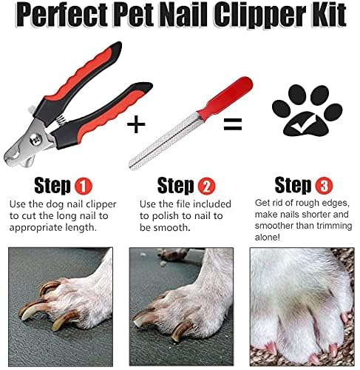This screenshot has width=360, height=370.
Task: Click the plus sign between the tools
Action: tap(135, 124)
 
